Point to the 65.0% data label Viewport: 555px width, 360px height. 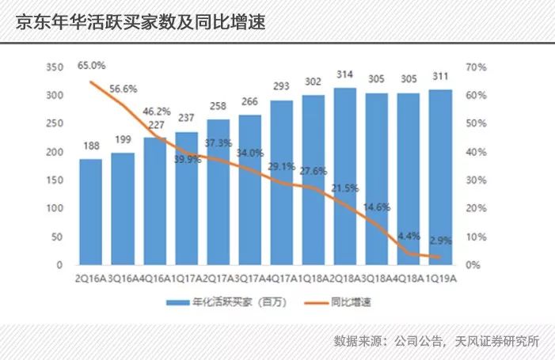click(x=91, y=65)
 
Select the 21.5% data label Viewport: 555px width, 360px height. click(x=344, y=188)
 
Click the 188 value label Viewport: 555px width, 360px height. click(x=90, y=146)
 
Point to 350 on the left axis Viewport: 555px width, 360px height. click(x=55, y=68)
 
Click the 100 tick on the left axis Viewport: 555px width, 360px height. click(x=55, y=209)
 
